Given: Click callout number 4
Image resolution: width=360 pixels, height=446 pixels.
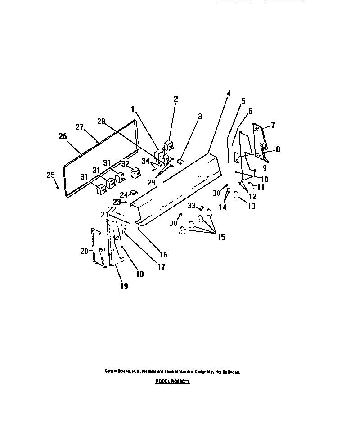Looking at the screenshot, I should (x=229, y=93).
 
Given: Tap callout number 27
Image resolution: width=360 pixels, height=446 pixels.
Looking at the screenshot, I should (x=80, y=127).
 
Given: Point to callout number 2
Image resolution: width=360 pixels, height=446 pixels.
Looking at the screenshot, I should (x=175, y=99).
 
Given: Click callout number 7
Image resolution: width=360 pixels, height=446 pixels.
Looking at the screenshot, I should (x=273, y=125).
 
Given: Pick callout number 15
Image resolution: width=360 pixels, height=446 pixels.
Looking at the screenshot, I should (x=221, y=237).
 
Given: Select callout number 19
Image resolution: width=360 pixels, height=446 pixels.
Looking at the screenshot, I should (x=124, y=286).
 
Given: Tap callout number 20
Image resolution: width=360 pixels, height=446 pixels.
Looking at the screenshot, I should (x=84, y=251).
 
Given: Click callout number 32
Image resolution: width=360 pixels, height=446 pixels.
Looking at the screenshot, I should (x=126, y=164).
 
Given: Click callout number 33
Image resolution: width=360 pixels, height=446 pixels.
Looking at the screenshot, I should (x=191, y=206).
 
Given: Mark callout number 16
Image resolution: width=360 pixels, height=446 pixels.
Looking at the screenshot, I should (x=163, y=255).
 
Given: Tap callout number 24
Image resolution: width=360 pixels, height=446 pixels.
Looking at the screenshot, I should (x=123, y=195).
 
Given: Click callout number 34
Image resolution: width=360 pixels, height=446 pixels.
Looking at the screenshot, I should (x=145, y=160).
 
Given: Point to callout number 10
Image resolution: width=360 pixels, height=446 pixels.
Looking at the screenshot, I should (x=265, y=179).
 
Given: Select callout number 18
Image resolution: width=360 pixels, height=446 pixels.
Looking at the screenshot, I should (x=140, y=274).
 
